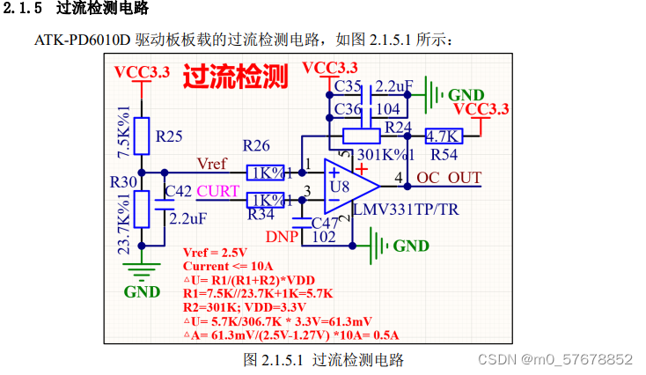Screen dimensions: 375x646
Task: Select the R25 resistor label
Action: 169,136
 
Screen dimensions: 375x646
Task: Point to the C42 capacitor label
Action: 179,191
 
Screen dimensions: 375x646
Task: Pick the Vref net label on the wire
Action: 213,165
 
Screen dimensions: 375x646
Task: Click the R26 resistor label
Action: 257,145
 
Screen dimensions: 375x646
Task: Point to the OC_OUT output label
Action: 449,178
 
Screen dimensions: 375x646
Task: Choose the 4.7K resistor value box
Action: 443,136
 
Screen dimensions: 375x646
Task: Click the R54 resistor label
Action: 444,154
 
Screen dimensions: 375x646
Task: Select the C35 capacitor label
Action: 349,86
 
